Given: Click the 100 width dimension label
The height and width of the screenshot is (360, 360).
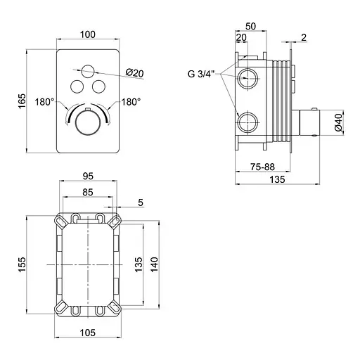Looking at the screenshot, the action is [88, 34].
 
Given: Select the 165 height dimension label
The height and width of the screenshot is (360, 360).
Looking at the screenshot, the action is [22, 101].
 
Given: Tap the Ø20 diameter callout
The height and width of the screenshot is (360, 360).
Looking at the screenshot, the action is [135, 73].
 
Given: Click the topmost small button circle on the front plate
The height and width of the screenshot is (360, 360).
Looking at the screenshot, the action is [88, 71].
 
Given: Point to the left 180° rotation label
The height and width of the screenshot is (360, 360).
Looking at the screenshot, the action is [44, 102].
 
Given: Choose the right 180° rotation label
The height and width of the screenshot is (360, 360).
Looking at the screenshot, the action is [131, 102].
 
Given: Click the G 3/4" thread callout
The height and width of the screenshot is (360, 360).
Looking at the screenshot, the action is [202, 74].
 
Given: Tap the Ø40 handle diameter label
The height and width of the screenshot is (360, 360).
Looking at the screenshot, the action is [339, 122].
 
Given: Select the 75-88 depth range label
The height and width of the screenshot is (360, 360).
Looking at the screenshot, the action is [262, 167].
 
